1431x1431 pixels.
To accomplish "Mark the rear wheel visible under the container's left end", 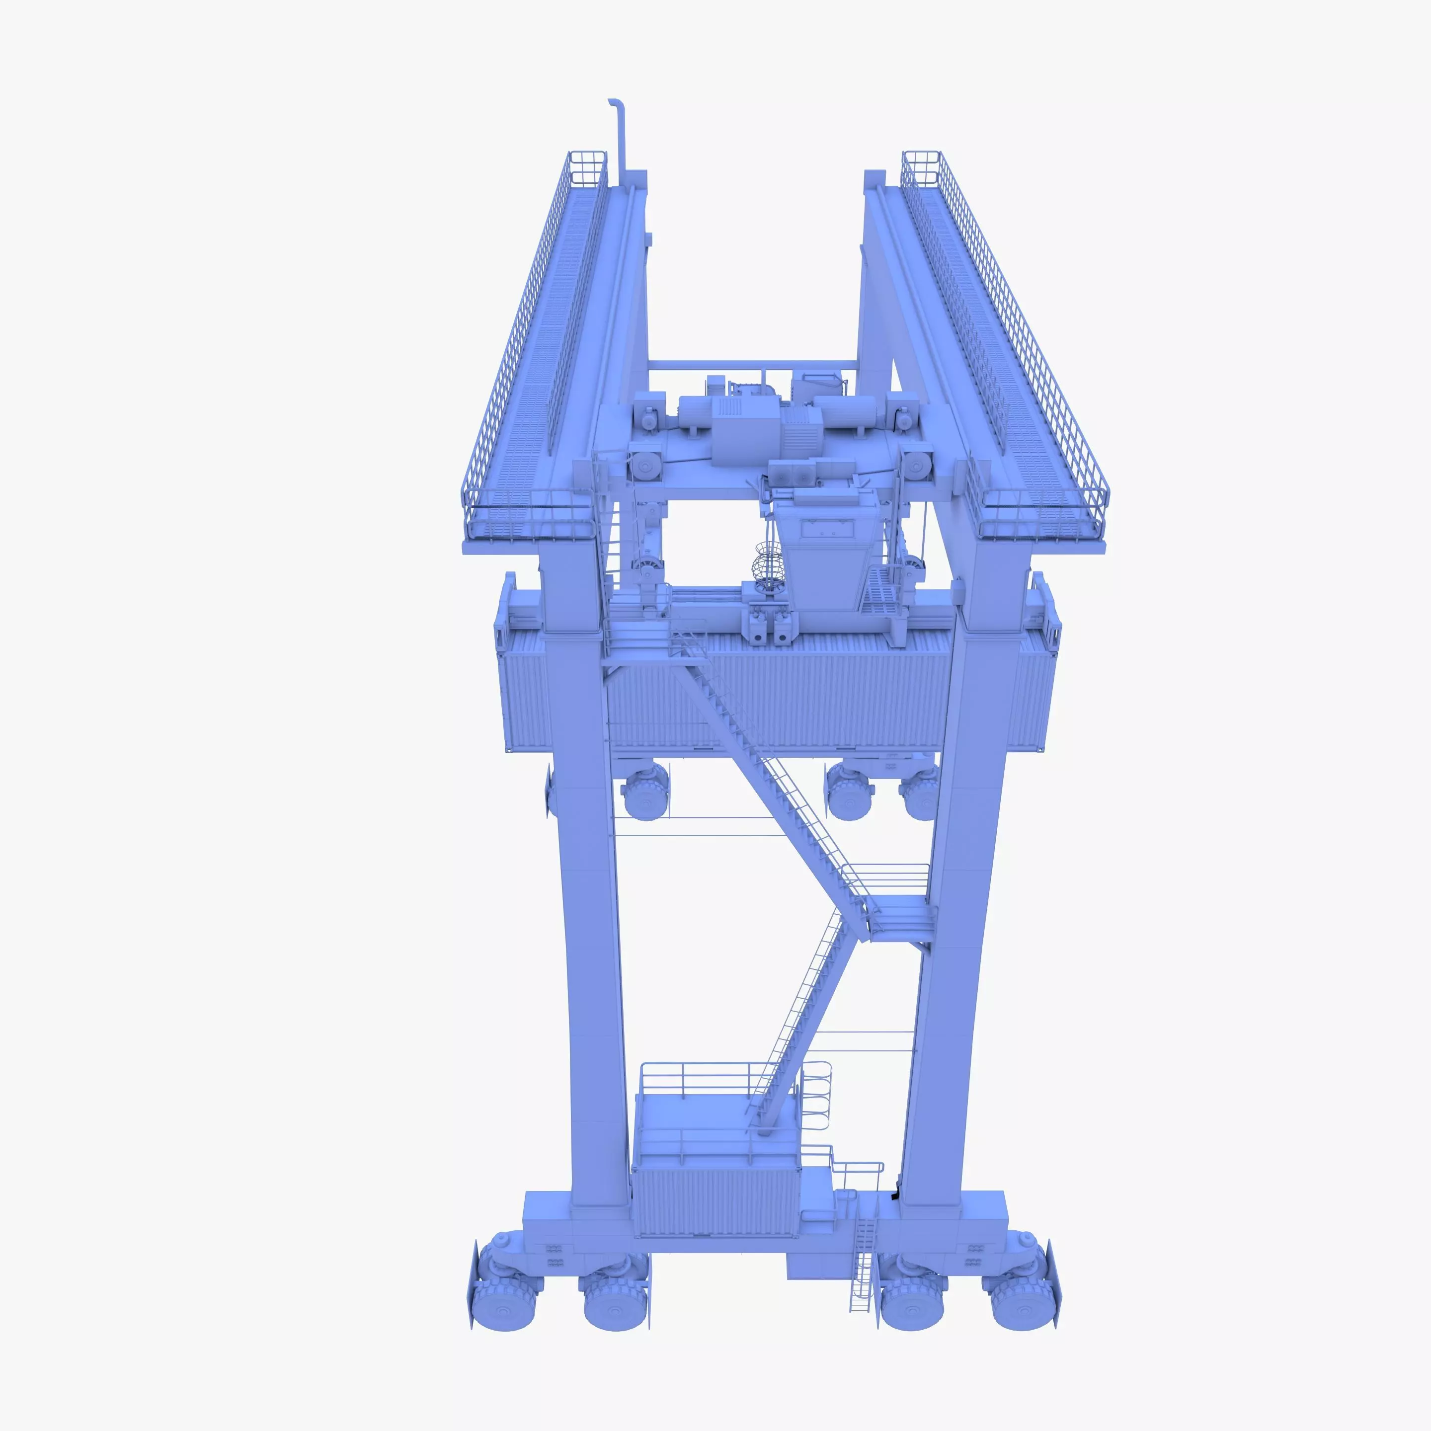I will (x=646, y=793).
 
